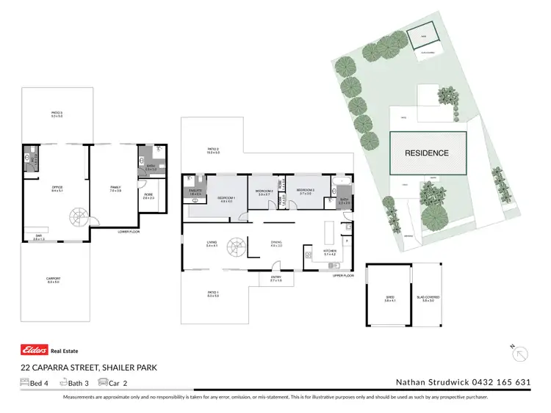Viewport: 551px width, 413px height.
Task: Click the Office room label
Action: point(57,189)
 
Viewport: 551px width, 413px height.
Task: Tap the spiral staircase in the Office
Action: point(77,217)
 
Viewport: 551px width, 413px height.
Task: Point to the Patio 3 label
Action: point(57,114)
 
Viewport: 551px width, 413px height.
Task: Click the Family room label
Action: point(115,189)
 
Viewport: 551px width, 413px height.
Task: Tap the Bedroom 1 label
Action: point(225,199)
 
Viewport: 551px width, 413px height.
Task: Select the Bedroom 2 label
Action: point(264,192)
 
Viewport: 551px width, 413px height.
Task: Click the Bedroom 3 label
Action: point(306,191)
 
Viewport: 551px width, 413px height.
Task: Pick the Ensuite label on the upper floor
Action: point(195,191)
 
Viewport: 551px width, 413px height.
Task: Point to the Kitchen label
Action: point(329,252)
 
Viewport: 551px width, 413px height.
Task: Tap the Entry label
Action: point(275,279)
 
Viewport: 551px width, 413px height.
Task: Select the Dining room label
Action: point(277,244)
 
